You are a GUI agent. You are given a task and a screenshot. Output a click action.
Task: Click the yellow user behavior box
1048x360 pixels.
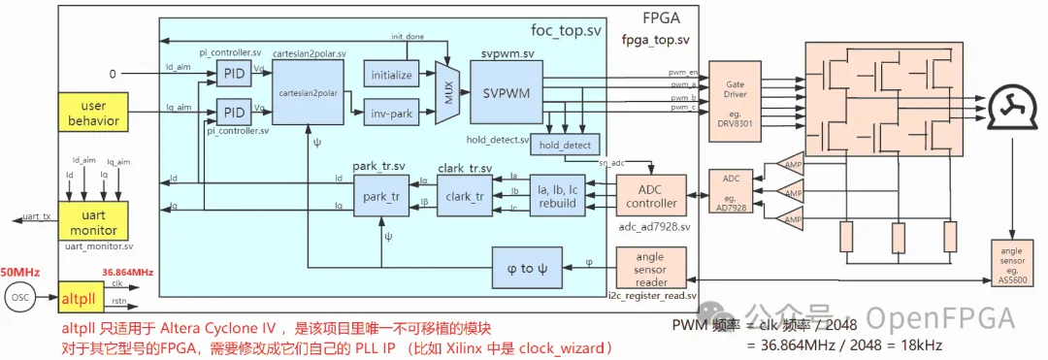(x=93, y=115)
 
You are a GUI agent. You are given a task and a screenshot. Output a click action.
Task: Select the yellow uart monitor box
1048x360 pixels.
(x=93, y=221)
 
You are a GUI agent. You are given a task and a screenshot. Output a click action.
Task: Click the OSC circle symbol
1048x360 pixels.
(x=20, y=297)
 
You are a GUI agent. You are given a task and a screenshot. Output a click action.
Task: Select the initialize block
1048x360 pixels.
(x=391, y=75)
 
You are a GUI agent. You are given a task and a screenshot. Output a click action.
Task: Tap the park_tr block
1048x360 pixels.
(x=381, y=195)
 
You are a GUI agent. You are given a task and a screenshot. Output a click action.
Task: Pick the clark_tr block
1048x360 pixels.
(x=467, y=195)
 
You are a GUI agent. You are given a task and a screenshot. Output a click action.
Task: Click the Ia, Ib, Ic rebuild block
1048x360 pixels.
(x=558, y=195)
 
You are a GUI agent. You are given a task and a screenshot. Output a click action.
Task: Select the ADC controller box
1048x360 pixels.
(x=651, y=195)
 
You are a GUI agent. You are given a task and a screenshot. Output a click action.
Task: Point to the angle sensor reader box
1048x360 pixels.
(x=651, y=267)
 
